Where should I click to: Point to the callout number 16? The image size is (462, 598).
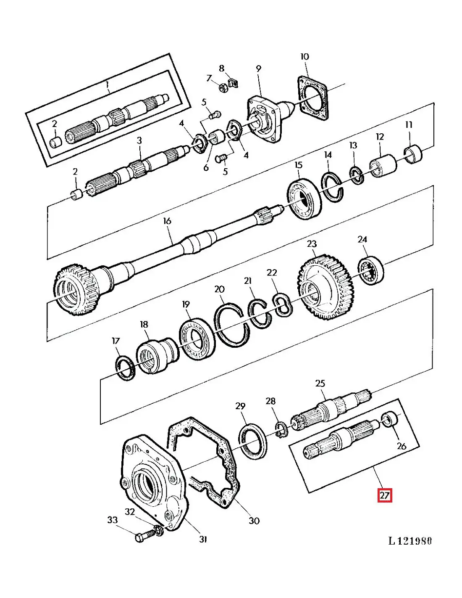click(x=167, y=221)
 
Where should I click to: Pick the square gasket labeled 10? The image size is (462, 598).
click(x=313, y=99)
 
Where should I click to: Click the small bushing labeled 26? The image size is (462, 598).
click(x=390, y=419)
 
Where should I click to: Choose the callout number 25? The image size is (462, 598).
click(x=320, y=384)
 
